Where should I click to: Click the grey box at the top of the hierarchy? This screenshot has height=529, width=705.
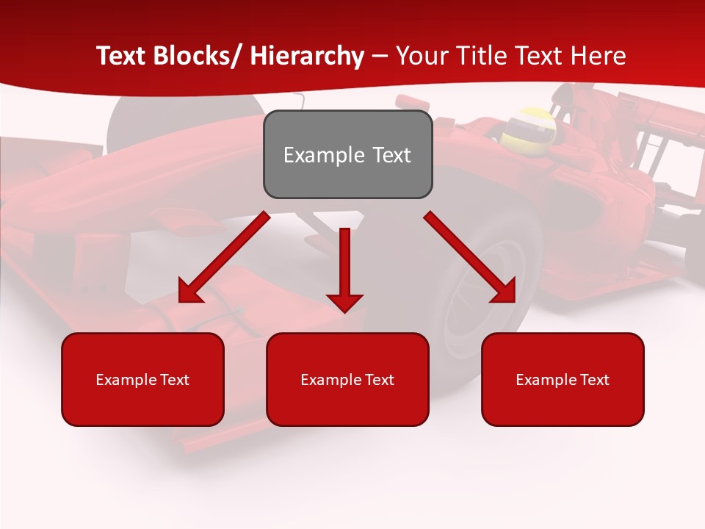point(347,154)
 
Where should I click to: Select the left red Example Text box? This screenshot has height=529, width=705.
point(142,379)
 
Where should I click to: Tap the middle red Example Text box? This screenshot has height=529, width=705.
point(347,379)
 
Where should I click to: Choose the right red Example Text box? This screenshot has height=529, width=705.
point(563,379)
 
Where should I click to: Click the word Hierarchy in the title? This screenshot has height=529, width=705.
point(307,56)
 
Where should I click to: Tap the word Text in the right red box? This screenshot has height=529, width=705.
point(593,380)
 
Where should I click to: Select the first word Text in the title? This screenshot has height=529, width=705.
point(123,56)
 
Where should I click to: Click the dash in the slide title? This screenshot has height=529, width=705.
point(380,57)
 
